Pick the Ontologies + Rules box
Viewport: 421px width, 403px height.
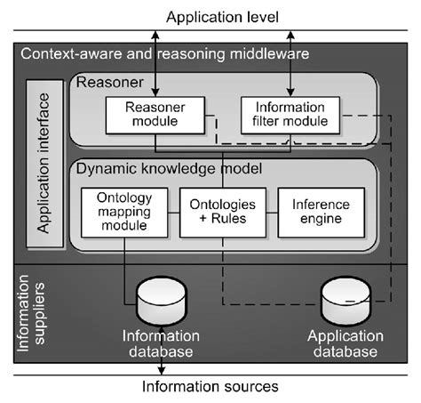(x=220, y=212)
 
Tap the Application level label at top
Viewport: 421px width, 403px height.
(x=210, y=16)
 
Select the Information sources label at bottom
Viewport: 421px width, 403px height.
(x=210, y=387)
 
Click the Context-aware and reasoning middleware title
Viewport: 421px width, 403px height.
(x=165, y=55)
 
